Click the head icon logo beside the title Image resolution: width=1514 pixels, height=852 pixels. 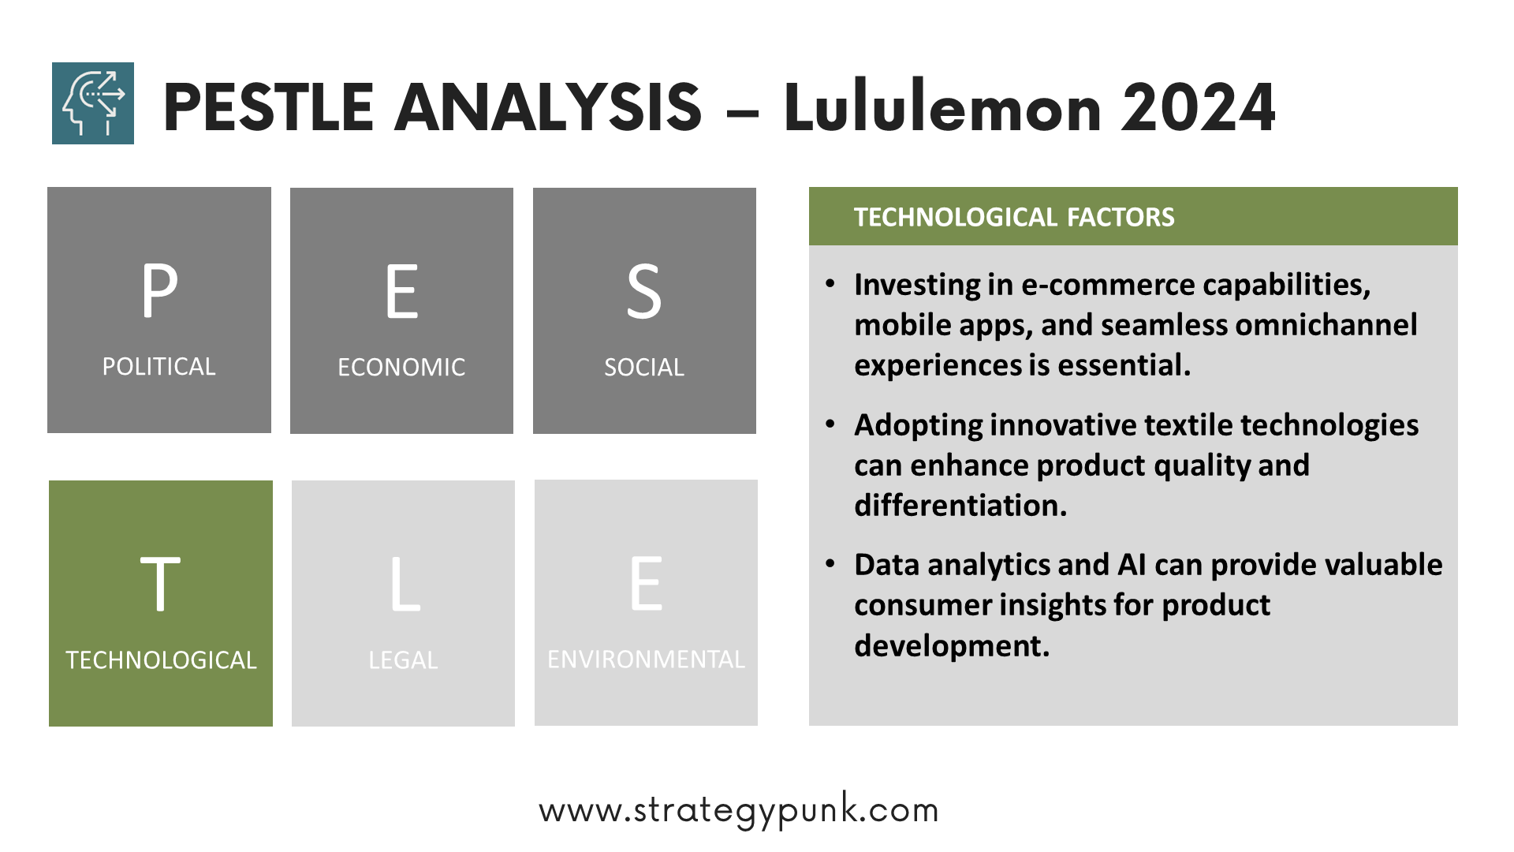click(93, 103)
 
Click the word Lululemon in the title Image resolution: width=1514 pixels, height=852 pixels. click(942, 107)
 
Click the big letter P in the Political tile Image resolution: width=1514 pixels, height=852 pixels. click(159, 290)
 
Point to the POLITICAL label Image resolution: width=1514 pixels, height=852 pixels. click(158, 367)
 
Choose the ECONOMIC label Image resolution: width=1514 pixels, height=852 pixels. click(401, 368)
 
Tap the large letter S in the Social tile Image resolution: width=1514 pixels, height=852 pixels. click(644, 292)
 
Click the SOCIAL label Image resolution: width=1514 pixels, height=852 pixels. click(644, 368)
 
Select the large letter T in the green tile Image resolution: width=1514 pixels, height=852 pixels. click(160, 584)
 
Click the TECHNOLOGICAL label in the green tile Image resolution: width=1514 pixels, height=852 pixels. click(161, 660)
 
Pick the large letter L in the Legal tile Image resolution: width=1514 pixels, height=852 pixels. click(405, 584)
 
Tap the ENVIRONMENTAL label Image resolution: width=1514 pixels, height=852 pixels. click(646, 660)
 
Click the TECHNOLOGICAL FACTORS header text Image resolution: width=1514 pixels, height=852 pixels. click(1014, 217)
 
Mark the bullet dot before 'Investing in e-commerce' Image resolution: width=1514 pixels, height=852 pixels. click(830, 283)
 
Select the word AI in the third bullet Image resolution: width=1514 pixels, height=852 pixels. click(1132, 565)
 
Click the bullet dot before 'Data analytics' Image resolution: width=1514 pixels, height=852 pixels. click(830, 564)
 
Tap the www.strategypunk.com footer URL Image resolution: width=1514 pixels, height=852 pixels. click(739, 810)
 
